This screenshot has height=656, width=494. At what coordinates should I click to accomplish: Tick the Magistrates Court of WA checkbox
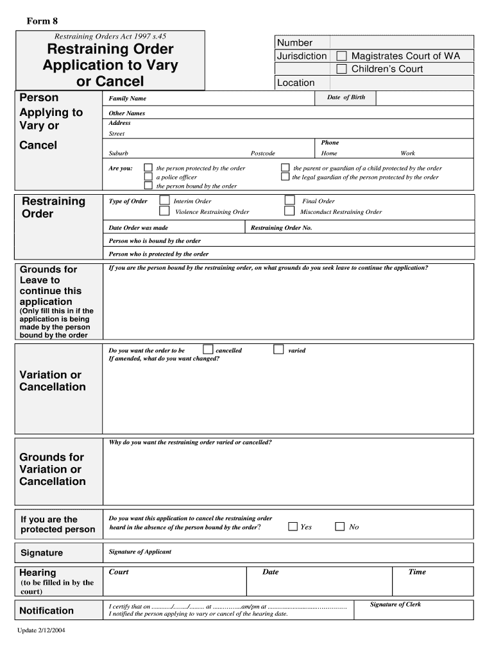tap(342, 56)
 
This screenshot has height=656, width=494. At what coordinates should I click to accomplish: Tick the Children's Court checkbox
tap(342, 69)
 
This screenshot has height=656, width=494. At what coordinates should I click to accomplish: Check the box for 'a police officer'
tap(148, 177)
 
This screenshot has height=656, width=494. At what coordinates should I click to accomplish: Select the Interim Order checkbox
tap(164, 201)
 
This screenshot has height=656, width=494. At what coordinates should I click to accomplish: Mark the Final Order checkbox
tap(289, 201)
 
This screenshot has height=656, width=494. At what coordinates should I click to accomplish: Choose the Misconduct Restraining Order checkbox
tap(289, 211)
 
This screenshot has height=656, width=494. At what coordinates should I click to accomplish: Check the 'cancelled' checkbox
tap(208, 350)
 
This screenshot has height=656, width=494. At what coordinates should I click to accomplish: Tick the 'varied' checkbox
tap(278, 350)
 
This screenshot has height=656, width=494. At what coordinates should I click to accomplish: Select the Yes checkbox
tap(293, 527)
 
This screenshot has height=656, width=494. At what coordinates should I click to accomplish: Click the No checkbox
tap(341, 527)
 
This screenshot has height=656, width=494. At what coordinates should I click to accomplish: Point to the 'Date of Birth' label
tap(346, 97)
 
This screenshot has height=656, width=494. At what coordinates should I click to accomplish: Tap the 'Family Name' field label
tap(127, 99)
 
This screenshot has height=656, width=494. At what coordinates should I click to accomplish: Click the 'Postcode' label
tap(262, 154)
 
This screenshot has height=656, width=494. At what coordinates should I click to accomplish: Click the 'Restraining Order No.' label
tap(281, 228)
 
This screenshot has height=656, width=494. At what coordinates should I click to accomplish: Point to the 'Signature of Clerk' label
tap(395, 604)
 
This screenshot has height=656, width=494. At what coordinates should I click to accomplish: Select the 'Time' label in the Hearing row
tap(417, 572)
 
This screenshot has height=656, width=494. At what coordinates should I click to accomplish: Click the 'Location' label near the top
tap(296, 83)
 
